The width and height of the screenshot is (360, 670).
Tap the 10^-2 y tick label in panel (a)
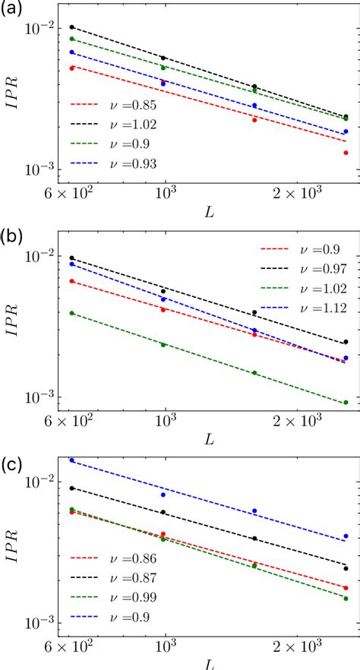(40, 30)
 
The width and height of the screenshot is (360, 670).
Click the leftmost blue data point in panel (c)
(72, 460)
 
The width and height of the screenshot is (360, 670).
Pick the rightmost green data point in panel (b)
(346, 403)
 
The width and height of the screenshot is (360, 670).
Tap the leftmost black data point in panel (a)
(72, 27)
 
